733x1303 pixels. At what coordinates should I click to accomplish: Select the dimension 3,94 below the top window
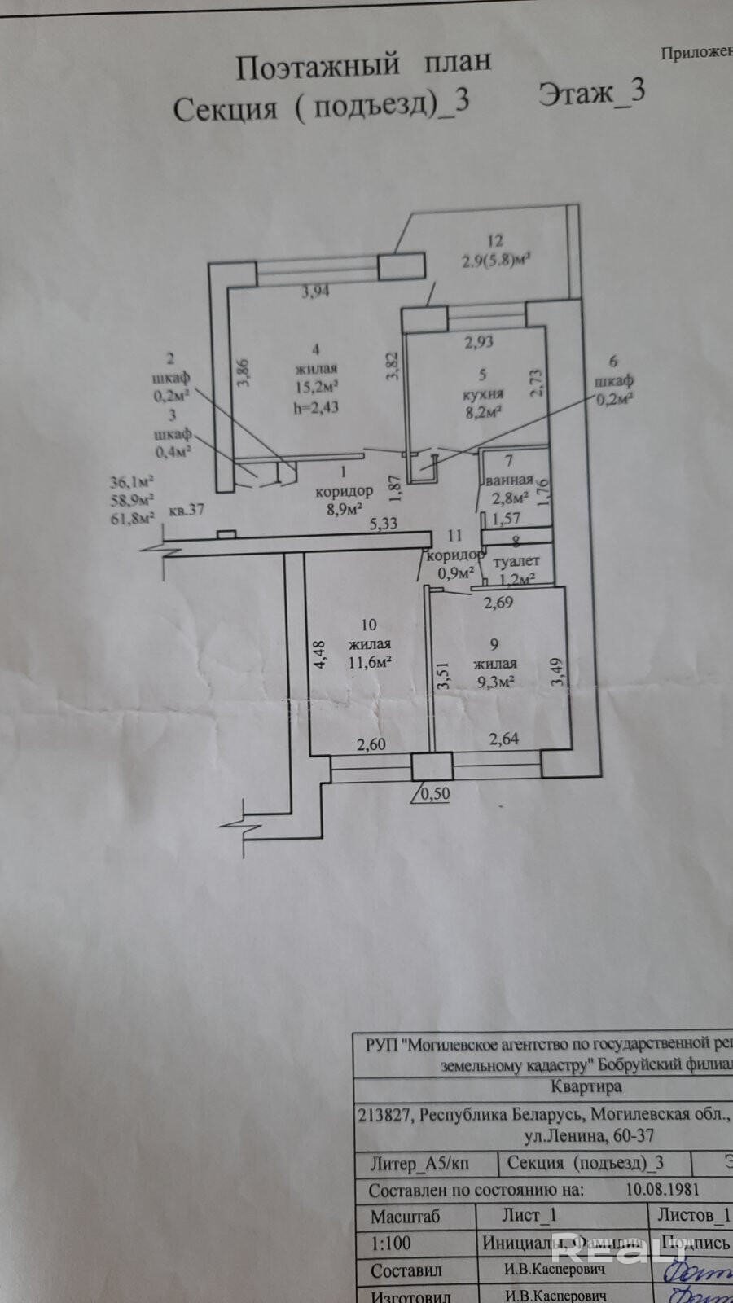(x=315, y=292)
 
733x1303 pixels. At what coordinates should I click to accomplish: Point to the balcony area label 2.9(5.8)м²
(x=497, y=261)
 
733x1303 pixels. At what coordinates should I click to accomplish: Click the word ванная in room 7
(x=509, y=480)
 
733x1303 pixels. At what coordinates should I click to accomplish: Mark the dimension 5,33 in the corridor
(x=383, y=523)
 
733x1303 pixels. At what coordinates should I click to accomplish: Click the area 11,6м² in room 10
(x=368, y=661)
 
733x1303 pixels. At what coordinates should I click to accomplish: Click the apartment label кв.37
(x=186, y=511)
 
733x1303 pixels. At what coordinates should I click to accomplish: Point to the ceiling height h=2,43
(x=314, y=405)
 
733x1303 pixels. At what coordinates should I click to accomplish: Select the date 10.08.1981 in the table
(x=663, y=1189)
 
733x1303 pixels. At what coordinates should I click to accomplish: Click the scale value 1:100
(x=391, y=1243)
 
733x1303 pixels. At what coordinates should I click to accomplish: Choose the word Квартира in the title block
(x=586, y=1086)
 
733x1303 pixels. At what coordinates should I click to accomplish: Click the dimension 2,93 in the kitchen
(x=479, y=342)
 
